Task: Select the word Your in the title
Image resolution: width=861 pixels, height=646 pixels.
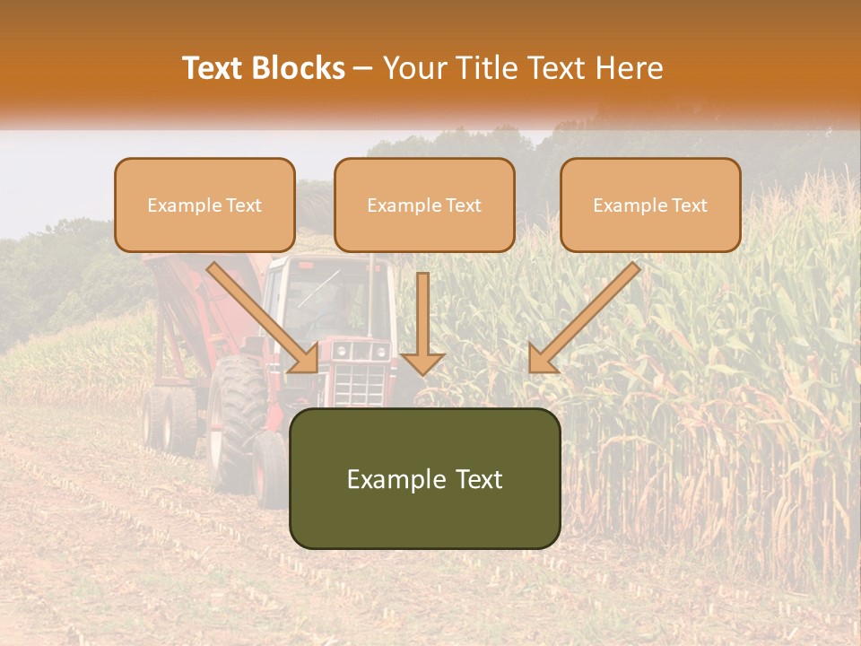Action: click(416, 68)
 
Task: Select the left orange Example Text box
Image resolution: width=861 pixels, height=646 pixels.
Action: click(204, 205)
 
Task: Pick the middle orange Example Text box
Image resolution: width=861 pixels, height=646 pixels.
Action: click(424, 205)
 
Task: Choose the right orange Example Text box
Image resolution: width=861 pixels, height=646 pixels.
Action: click(650, 205)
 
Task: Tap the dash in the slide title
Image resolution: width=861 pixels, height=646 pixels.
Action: click(363, 69)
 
